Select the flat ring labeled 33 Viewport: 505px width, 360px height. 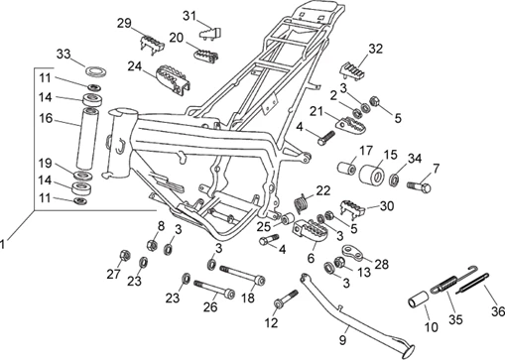pyautogui.click(x=97, y=70)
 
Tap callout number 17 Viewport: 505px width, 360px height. pyautogui.click(x=364, y=152)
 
